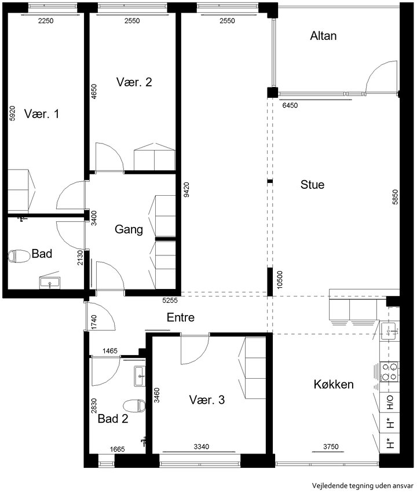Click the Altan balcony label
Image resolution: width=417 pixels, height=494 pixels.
pos(323,36)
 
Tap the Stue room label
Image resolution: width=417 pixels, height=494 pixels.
pos(312,185)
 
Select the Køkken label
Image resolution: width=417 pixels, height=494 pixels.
pos(334,385)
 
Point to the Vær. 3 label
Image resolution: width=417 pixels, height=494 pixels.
pos(207,400)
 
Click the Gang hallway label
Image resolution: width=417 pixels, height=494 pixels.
pos(129,229)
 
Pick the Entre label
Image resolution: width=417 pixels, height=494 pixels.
pos(181,317)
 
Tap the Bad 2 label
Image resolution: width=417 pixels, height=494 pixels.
pos(113,419)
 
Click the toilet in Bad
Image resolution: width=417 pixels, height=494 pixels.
pos(19,256)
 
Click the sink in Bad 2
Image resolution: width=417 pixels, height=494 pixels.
pos(140,376)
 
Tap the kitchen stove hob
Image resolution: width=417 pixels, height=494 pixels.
pos(389,372)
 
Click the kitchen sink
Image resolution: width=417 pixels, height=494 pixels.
pos(390,331)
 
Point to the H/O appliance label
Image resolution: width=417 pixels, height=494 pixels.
pos(390,402)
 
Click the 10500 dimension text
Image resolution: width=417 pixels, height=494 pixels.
pos(280,280)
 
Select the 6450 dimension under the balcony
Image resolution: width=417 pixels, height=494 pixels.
pos(290,105)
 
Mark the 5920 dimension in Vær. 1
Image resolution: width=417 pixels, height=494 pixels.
pos(12,113)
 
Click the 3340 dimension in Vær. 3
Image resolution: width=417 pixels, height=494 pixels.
pos(201,447)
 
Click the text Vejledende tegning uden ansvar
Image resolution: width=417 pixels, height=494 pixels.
pos(363,485)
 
